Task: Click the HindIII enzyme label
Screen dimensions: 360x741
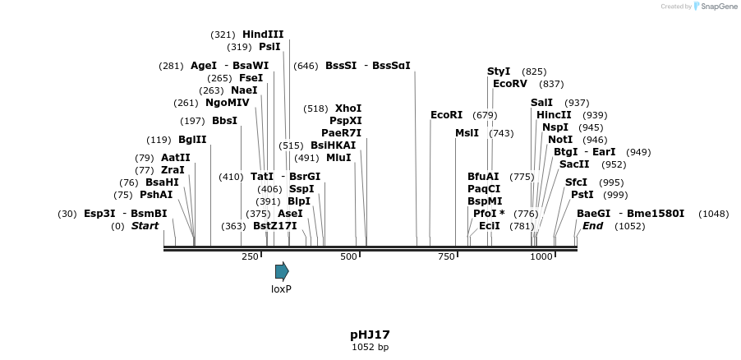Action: point(263,35)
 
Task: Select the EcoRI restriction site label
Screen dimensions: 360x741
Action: point(447,115)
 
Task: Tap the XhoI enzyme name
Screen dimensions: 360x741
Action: point(348,108)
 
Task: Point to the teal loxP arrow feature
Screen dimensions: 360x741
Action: point(282,271)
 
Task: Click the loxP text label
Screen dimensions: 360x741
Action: point(282,289)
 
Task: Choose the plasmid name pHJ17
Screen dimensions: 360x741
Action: point(370,335)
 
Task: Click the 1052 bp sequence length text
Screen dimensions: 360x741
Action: point(370,348)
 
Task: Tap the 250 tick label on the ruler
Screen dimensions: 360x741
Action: point(251,257)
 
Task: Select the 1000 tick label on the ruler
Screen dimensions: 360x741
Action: point(541,257)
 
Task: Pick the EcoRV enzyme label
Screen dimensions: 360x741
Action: point(510,84)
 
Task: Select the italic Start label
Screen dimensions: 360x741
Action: point(145,226)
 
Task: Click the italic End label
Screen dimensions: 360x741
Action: point(593,226)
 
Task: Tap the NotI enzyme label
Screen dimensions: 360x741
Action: point(560,140)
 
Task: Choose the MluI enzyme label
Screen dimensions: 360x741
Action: point(338,157)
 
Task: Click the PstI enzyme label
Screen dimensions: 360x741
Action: point(582,195)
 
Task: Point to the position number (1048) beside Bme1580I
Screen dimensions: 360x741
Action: point(713,214)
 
